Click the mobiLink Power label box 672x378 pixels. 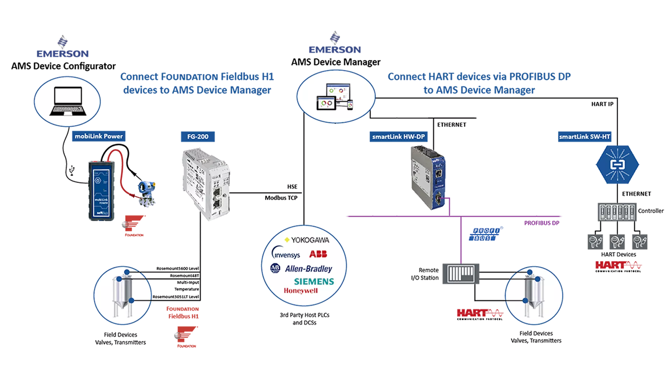[x=99, y=136]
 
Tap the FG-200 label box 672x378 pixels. [x=198, y=136]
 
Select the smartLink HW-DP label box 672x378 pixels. [x=398, y=136]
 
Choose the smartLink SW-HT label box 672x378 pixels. [x=584, y=136]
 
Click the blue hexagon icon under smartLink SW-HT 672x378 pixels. [x=617, y=164]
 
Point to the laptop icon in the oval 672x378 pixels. [x=68, y=101]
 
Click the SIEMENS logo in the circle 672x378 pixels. [x=314, y=281]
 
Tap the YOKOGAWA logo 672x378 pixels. [x=307, y=240]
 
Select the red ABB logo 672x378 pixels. [x=318, y=254]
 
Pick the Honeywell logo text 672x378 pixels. [x=301, y=291]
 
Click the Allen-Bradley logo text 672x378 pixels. [x=308, y=269]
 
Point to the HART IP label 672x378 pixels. [x=602, y=104]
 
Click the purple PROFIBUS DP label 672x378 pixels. [x=541, y=223]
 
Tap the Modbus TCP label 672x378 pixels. [x=281, y=198]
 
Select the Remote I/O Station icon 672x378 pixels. [x=461, y=274]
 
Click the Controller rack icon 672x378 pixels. [x=617, y=212]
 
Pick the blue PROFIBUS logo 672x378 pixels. [x=485, y=234]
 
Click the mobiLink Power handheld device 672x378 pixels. [x=101, y=191]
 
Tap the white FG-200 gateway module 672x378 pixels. [x=206, y=184]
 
